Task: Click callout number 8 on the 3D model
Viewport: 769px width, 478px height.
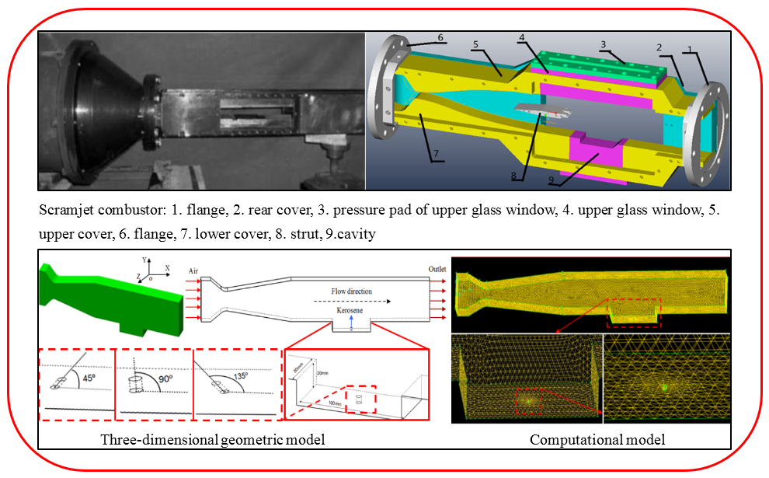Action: (x=514, y=176)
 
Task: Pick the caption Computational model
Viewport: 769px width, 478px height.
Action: (x=597, y=440)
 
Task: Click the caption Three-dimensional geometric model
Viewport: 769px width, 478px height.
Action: (x=212, y=440)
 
